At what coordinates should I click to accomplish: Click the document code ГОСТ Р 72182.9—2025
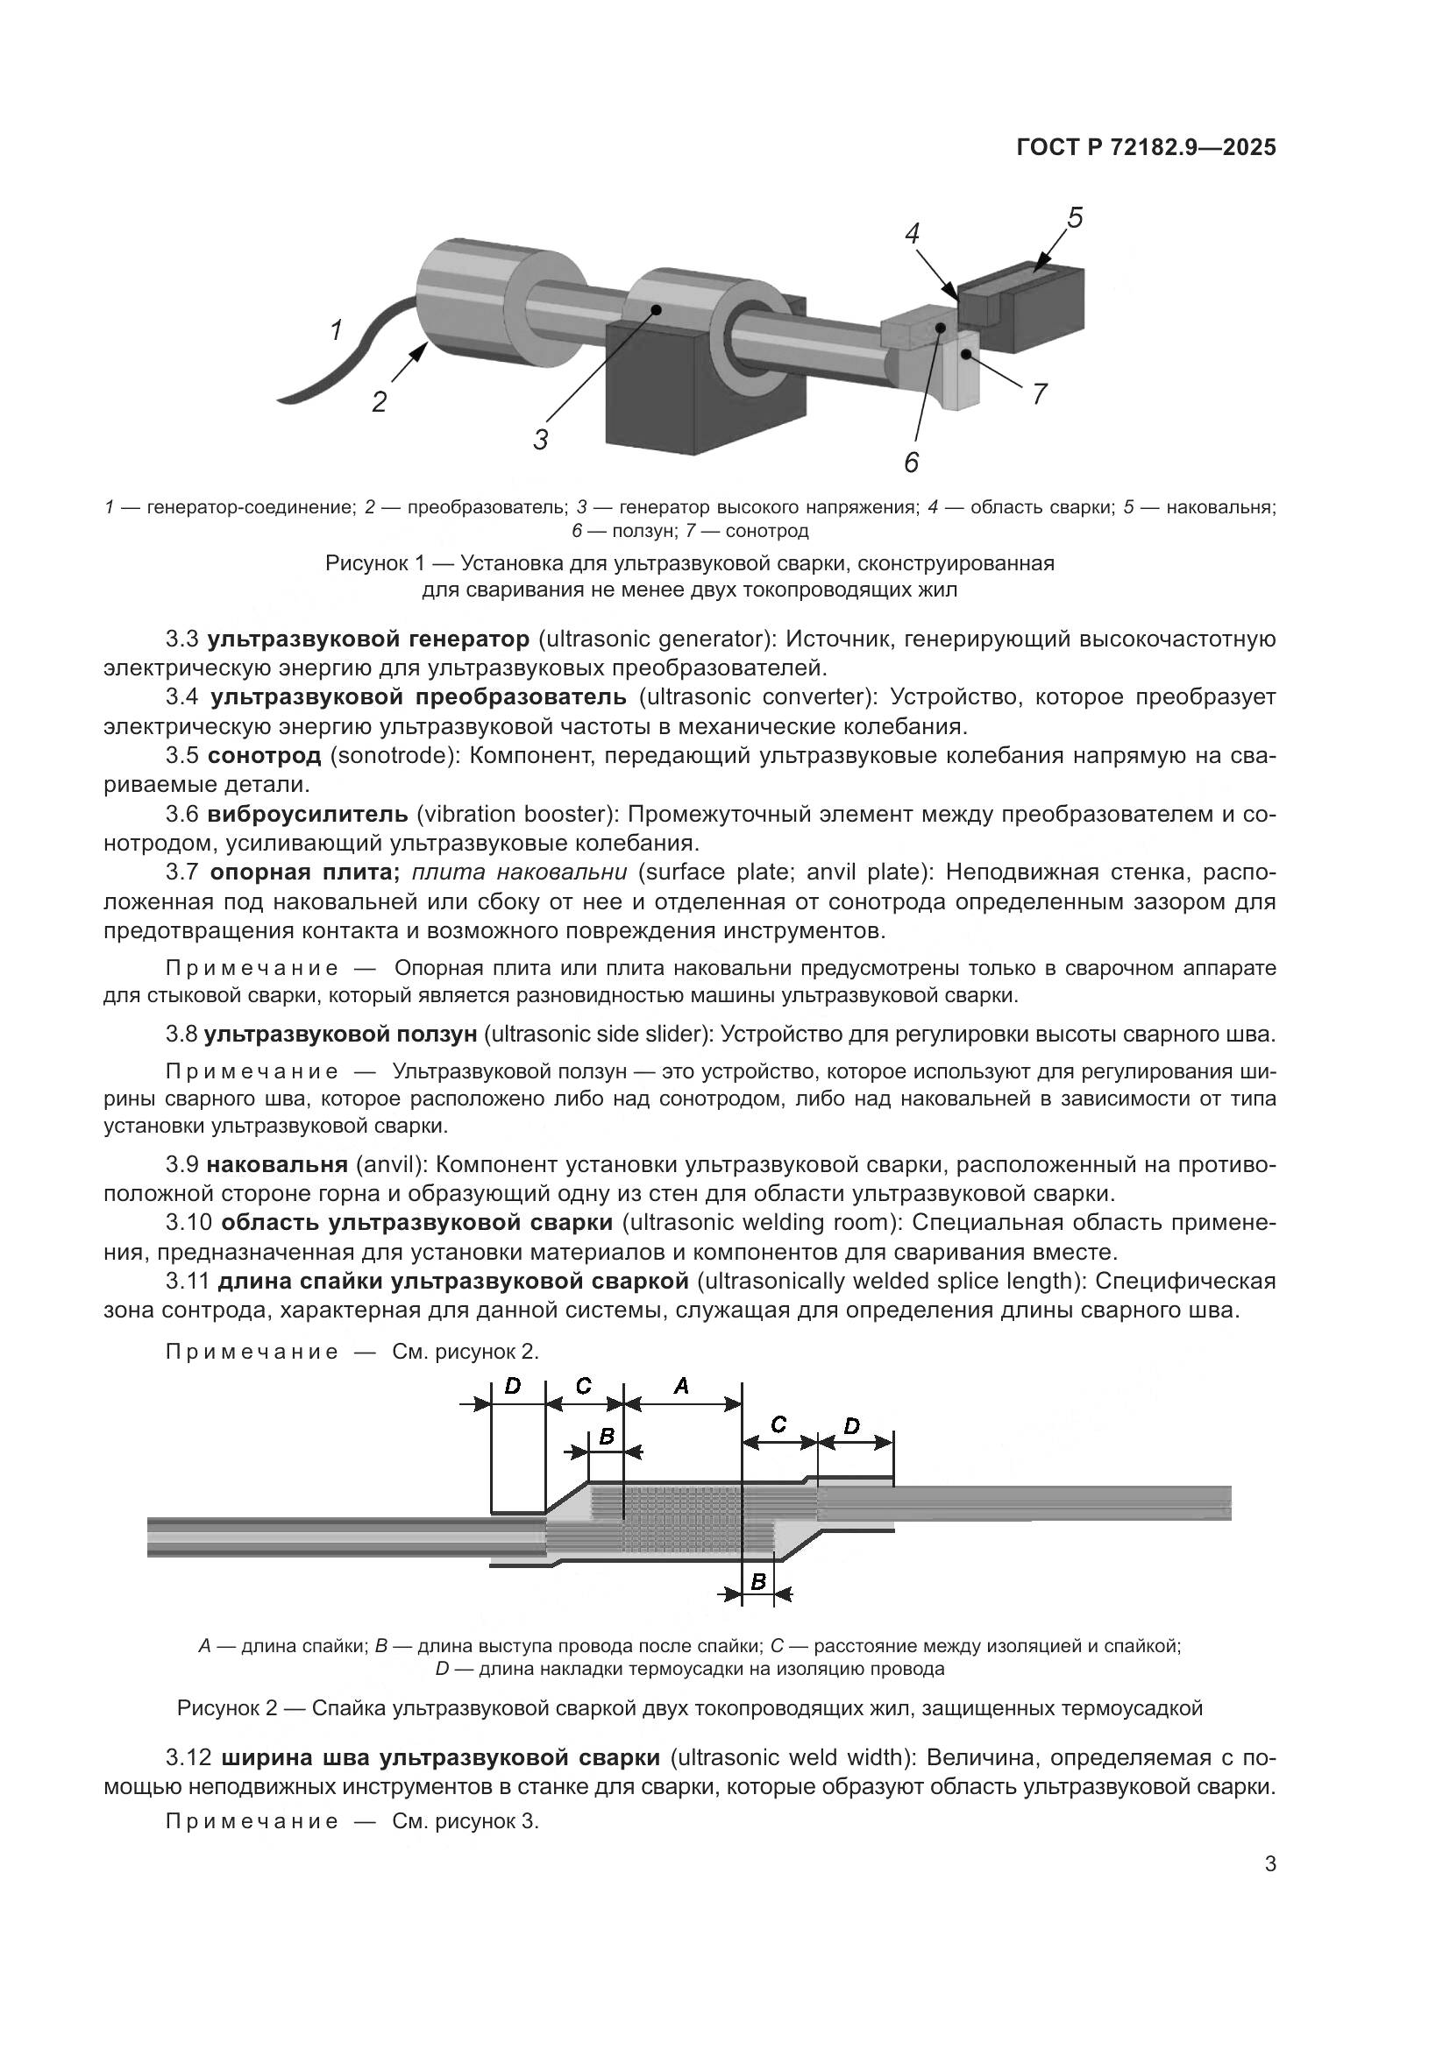1146,148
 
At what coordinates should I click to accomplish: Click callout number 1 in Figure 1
336,331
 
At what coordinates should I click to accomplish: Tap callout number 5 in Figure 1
1075,217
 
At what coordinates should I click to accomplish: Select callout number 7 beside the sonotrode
1038,393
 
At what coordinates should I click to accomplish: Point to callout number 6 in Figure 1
911,462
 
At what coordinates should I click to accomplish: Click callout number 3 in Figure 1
541,440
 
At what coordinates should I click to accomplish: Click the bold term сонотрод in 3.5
264,756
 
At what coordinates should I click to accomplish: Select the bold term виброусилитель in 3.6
308,814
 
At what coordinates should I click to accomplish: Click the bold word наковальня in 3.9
277,1164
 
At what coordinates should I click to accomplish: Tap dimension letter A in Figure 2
681,1385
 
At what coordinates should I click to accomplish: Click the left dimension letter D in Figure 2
513,1385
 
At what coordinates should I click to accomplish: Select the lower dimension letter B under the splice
758,1581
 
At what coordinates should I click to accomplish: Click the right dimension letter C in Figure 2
778,1424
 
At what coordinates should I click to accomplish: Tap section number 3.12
188,1758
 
